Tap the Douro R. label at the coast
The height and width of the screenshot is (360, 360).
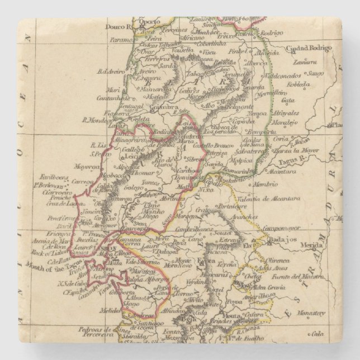(x=118, y=26)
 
